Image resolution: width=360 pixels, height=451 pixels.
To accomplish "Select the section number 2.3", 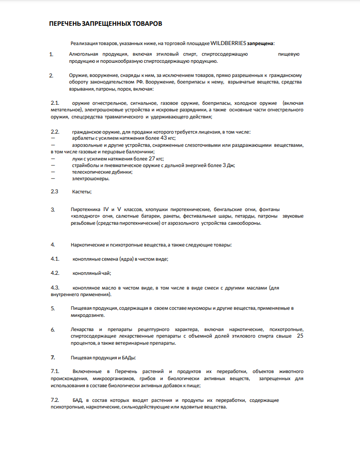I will (x=55, y=191).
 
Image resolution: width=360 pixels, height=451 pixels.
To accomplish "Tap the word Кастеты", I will (x=82, y=192).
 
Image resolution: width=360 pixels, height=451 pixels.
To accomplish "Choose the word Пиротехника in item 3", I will (x=86, y=209).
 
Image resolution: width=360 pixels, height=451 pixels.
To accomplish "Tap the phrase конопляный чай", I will (x=91, y=273).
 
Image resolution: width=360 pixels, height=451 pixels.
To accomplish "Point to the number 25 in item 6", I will (x=300, y=336).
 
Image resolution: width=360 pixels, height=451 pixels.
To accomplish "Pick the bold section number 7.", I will (x=53, y=357).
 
